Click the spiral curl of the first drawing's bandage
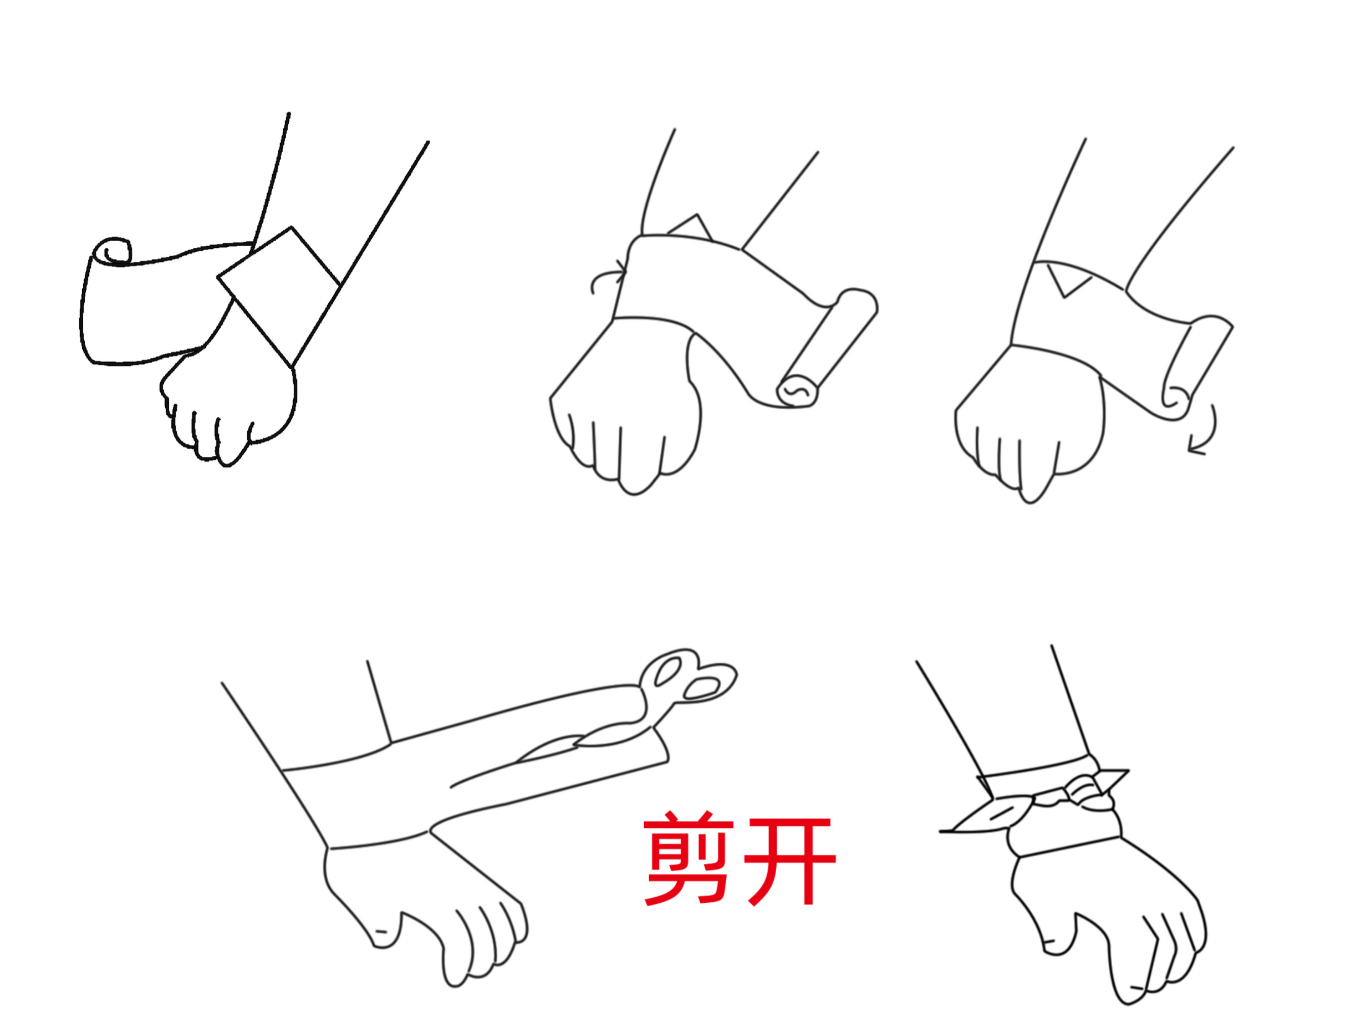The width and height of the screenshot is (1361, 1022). (113, 251)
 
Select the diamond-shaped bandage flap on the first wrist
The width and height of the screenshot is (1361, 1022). (279, 297)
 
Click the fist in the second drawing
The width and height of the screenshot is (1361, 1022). (625, 406)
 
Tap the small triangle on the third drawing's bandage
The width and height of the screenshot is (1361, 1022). (1068, 280)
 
